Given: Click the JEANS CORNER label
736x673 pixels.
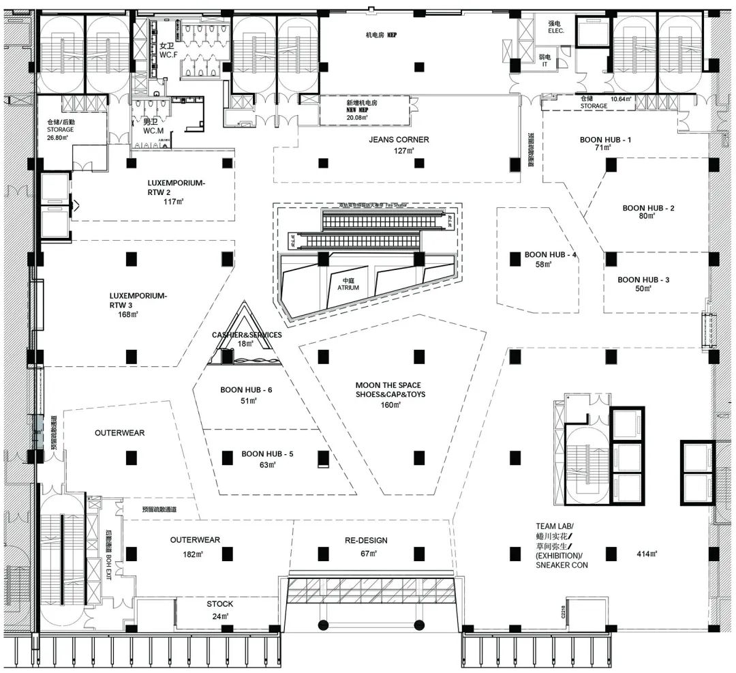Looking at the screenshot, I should click(399, 140).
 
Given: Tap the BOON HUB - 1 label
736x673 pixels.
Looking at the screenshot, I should click(606, 140).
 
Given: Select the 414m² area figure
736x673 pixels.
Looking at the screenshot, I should click(646, 554).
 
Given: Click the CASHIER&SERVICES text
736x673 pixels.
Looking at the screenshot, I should click(246, 335).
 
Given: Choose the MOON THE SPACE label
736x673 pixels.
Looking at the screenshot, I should click(388, 385).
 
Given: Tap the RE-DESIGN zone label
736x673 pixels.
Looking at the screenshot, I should click(367, 541).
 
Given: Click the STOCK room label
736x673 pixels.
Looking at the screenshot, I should click(219, 604).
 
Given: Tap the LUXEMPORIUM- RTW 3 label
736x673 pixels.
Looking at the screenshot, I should click(138, 301).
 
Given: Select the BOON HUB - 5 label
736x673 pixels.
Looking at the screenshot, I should click(266, 453).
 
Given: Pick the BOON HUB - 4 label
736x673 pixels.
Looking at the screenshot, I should click(551, 255).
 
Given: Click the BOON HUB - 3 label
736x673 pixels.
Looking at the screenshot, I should click(643, 280).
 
